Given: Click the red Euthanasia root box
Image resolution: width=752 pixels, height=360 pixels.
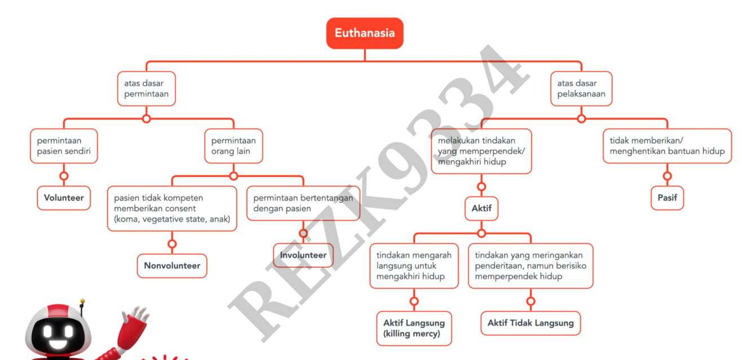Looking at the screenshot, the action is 365,33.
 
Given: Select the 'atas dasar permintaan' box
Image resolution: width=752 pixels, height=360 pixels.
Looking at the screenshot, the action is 147,88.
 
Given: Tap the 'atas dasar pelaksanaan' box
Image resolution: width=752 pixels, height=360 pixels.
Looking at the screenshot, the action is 581,88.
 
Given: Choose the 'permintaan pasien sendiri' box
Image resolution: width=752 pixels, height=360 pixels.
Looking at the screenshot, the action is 64,146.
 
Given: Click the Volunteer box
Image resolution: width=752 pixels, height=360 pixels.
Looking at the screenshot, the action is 64,198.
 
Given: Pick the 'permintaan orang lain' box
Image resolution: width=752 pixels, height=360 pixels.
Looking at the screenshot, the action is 233,146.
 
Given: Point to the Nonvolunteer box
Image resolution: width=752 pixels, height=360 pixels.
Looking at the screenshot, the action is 172,266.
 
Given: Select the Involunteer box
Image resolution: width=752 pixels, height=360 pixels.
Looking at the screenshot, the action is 303,255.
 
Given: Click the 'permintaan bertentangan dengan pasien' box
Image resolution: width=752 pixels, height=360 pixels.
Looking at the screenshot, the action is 303,203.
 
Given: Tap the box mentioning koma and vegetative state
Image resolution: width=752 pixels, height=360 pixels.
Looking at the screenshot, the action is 172,208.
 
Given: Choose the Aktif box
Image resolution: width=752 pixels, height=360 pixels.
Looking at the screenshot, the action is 481,208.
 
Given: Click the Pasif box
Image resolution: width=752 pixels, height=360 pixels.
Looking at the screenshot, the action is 667,198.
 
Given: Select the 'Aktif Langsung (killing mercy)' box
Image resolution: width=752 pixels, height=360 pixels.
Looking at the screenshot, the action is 414,328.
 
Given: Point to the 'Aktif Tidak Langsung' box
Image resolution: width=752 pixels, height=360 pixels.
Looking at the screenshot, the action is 530,323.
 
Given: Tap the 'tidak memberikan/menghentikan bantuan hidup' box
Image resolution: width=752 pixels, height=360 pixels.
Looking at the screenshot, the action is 667,146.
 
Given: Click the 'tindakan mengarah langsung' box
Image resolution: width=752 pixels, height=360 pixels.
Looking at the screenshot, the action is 414,266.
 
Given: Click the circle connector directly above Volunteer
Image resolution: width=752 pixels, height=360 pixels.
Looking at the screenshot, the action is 64,176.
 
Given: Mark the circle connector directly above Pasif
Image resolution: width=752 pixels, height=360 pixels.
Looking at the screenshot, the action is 667,176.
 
